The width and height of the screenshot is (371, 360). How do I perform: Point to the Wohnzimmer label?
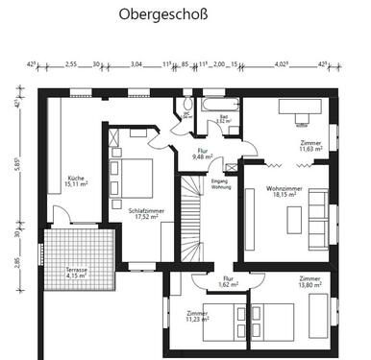click(284, 191)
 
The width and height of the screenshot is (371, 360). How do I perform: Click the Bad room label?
click(223, 119)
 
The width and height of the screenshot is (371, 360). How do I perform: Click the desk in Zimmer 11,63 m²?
click(297, 108)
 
